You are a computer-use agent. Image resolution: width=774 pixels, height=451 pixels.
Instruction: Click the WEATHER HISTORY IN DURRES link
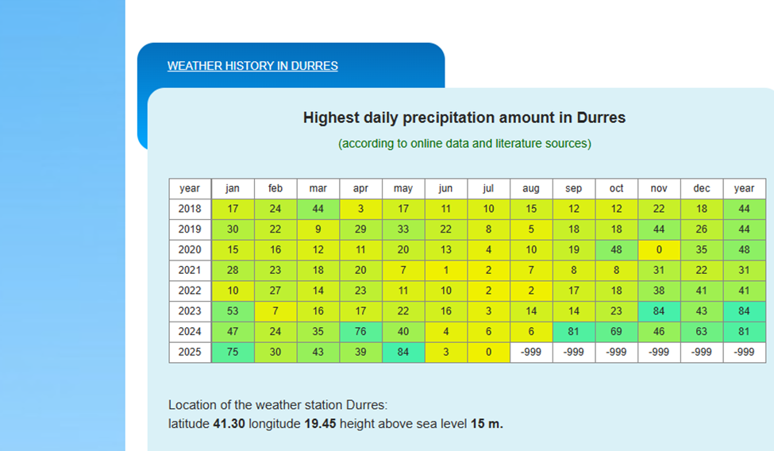252,66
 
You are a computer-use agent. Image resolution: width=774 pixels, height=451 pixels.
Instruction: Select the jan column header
233,189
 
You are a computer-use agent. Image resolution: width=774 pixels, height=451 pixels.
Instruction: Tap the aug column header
531,189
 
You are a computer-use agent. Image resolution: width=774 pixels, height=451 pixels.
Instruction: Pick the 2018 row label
190,209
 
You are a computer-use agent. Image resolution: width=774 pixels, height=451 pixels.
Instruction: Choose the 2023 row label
190,311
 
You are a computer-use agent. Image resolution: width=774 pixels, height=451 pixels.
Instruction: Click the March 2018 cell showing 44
318,209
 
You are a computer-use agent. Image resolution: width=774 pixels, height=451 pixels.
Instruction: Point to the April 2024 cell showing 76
360,332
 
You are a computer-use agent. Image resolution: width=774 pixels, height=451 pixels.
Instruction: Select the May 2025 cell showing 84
403,353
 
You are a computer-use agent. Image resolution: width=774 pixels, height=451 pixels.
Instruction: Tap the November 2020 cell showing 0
659,250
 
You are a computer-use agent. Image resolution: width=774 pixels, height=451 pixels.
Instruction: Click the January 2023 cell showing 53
233,311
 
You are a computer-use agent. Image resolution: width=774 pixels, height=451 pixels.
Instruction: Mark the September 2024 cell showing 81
574,332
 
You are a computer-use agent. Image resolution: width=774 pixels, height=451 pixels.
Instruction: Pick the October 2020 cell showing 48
617,250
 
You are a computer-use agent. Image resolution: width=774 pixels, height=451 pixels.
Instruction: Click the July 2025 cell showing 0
488,353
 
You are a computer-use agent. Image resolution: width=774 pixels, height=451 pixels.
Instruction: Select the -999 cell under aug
531,353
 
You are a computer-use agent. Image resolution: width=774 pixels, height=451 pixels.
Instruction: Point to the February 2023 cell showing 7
275,311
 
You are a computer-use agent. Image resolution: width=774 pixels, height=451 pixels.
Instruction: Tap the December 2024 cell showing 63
702,332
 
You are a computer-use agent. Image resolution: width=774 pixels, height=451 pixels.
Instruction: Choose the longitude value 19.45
321,424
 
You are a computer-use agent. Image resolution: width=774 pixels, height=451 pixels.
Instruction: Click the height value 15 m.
487,424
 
